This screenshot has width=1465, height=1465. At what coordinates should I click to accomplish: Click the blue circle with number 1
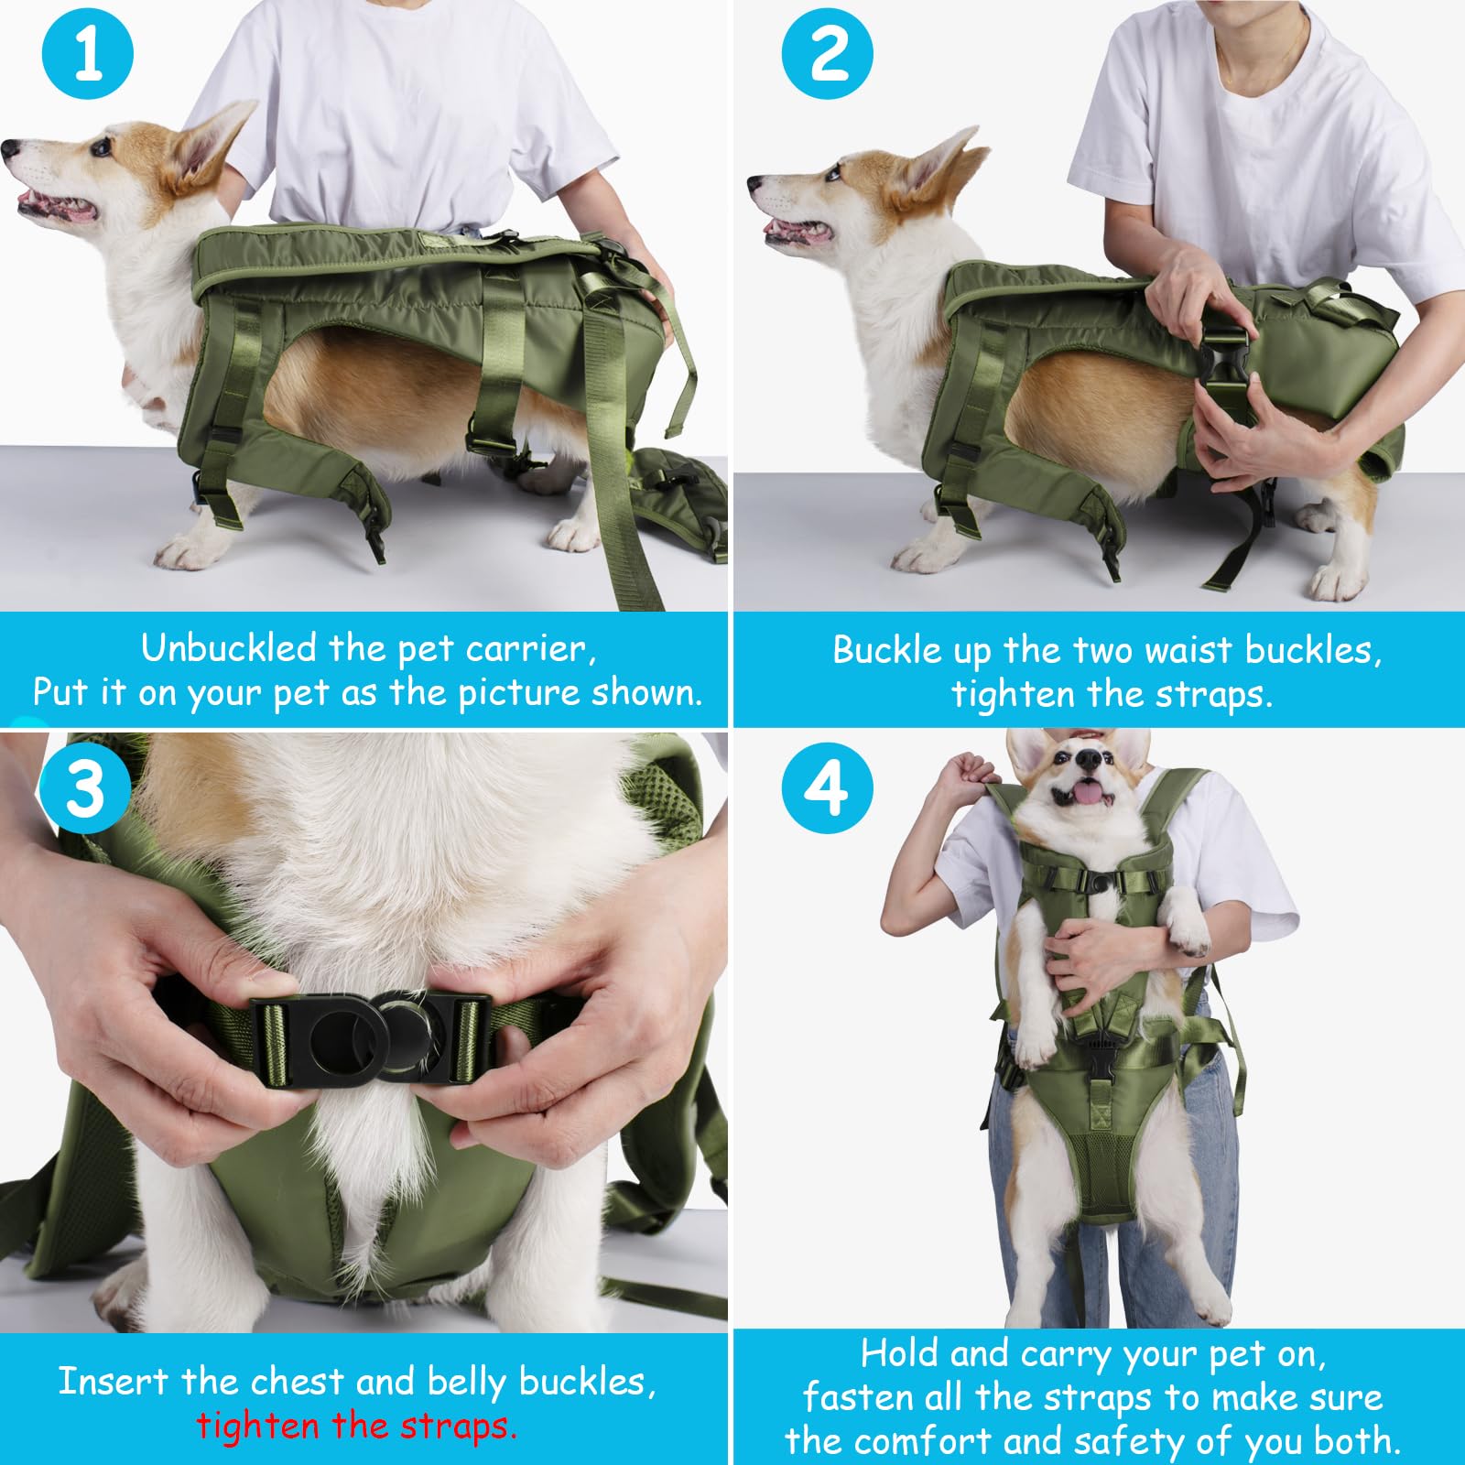point(88,54)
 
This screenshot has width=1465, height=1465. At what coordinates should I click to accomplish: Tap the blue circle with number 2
point(827,54)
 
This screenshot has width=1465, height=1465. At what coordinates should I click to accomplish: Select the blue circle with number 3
point(85,787)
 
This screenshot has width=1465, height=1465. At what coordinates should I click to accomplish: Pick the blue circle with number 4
point(827,787)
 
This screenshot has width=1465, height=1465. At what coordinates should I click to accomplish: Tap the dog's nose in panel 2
point(755,183)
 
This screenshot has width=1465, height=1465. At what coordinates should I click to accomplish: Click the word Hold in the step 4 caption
point(900,1353)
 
